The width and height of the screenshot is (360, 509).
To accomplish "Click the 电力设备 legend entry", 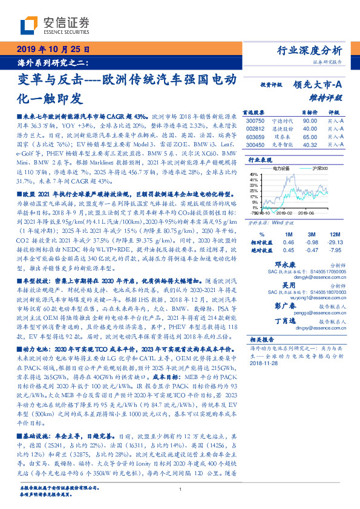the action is click(x=283, y=168).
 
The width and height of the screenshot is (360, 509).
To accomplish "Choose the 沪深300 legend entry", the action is click(x=319, y=168).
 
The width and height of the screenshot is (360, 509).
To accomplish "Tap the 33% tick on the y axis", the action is click(x=254, y=186).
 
